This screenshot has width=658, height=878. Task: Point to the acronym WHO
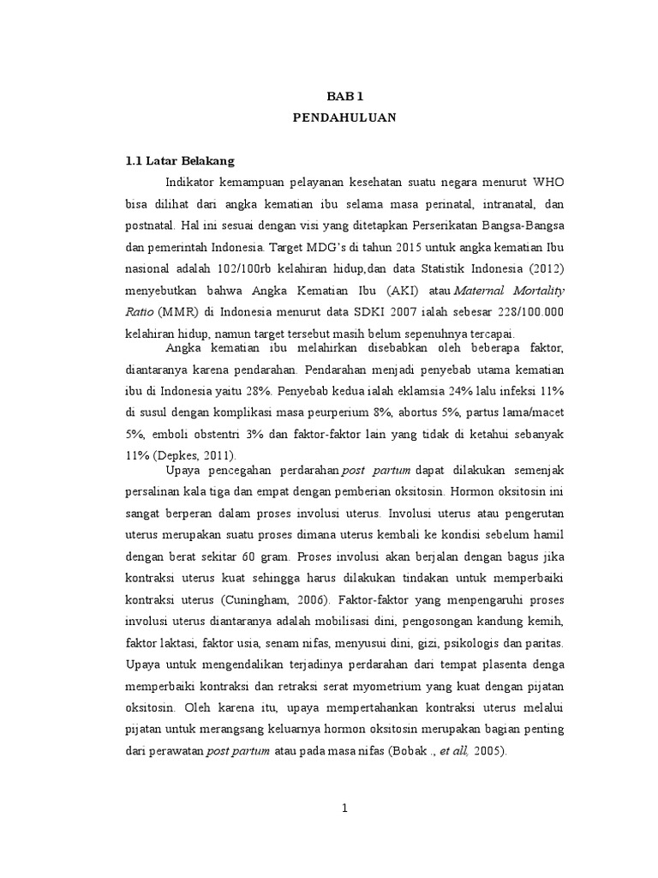pos(547,183)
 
